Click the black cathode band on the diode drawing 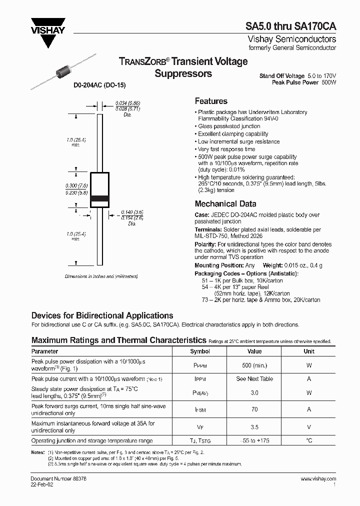[99, 198]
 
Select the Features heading [210, 101]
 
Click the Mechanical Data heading [225, 204]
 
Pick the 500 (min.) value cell [254, 365]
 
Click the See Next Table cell [254, 379]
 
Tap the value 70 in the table [254, 409]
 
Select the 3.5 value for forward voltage [254, 427]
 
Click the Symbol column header [200, 351]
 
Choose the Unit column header [309, 351]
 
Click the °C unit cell [309, 440]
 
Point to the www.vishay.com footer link [318, 479]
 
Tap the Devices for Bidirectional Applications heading [102, 315]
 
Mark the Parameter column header [45, 351]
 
